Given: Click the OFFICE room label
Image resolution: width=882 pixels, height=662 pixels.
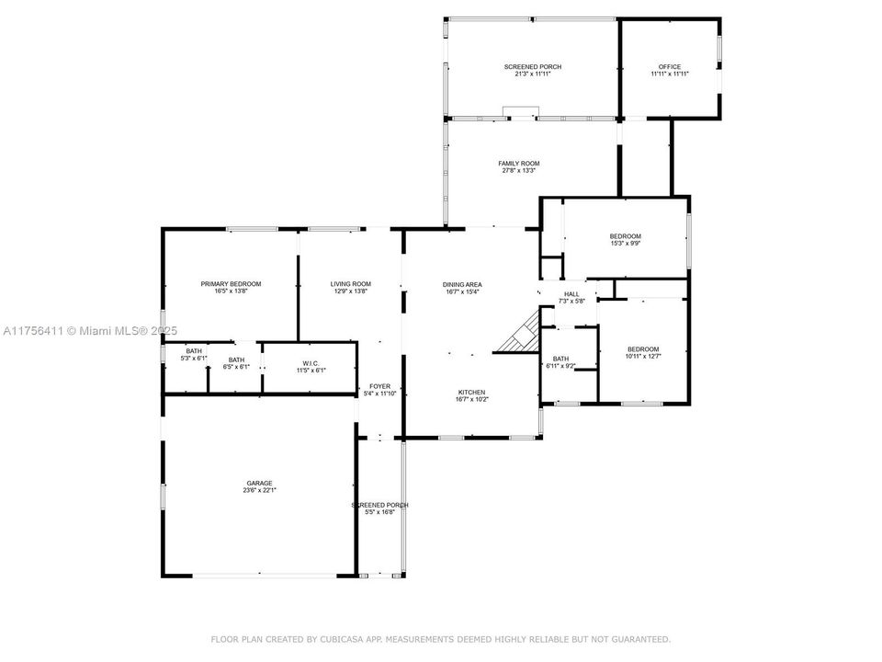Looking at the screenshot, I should [670, 66].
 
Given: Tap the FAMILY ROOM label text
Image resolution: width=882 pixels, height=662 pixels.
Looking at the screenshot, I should [518, 163].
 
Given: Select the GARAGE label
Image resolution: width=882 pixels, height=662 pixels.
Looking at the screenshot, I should [259, 483].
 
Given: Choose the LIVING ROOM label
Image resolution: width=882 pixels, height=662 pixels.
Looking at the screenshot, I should [350, 283].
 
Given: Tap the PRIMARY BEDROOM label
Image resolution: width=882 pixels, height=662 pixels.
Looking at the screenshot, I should [231, 283].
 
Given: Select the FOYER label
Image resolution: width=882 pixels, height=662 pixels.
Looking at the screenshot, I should [379, 386].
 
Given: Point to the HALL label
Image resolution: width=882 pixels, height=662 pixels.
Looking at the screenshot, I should [571, 294].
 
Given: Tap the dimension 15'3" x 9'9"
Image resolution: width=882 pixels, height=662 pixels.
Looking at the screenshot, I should [625, 244].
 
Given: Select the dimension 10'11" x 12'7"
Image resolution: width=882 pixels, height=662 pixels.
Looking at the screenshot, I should [643, 356].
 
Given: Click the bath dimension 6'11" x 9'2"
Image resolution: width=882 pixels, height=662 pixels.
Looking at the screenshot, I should [561, 366].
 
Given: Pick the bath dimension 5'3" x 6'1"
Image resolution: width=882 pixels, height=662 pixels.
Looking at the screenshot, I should [194, 358].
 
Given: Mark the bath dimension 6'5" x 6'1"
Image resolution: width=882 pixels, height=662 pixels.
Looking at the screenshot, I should [236, 367].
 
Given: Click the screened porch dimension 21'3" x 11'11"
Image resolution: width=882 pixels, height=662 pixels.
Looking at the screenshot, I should [532, 74].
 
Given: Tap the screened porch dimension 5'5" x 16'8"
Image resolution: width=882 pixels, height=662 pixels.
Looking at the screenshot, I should [379, 512].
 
